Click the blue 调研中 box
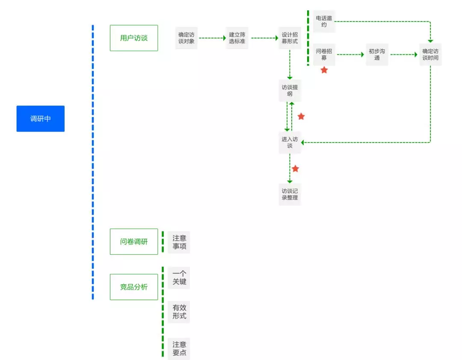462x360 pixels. (x=40, y=118)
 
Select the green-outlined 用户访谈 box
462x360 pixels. (x=134, y=38)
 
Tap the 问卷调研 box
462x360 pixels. (x=134, y=242)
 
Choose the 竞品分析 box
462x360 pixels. (x=134, y=287)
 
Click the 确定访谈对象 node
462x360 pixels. (x=186, y=38)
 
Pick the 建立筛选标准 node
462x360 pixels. (x=237, y=38)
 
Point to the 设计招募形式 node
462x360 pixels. (x=290, y=38)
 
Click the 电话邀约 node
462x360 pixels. (x=324, y=21)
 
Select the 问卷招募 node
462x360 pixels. (x=324, y=54)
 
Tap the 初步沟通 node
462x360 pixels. (x=377, y=54)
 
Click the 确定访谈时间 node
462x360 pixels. (x=430, y=54)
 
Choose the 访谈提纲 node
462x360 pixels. (x=290, y=91)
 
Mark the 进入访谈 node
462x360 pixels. (x=290, y=142)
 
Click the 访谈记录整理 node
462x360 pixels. (x=290, y=194)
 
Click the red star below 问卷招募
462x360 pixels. (x=324, y=70)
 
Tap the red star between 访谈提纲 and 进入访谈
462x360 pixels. (x=301, y=116)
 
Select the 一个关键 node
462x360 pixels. (x=179, y=278)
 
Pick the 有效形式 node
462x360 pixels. (x=179, y=312)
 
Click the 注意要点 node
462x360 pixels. (x=179, y=349)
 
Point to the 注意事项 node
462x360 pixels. (x=179, y=242)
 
